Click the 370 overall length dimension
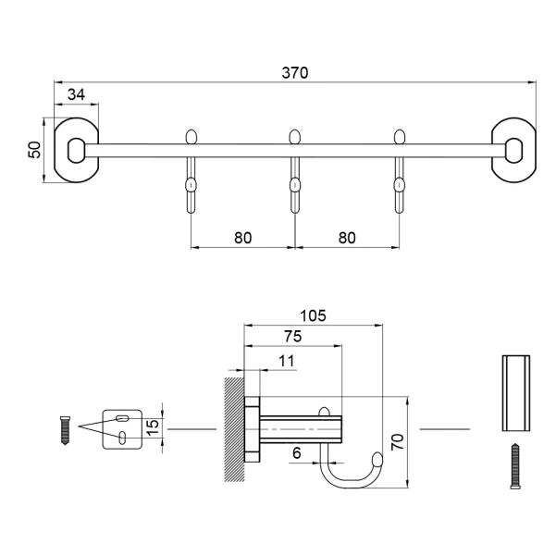click(295, 73)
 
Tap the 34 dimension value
click(76, 94)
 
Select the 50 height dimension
click(35, 150)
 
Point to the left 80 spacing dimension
click(243, 238)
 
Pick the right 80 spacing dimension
click(347, 238)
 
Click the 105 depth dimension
click(313, 315)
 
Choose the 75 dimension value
click(293, 336)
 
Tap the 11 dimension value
click(287, 361)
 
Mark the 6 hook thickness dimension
click(297, 453)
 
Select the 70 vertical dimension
click(398, 442)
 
